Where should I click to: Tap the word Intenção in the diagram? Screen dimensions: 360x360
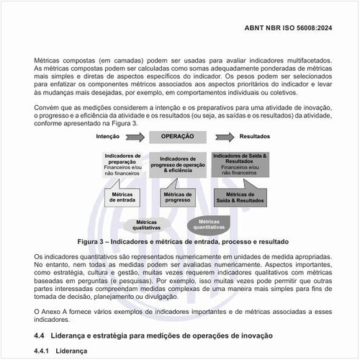tap(107, 136)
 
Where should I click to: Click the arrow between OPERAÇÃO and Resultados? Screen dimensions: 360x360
tap(223, 136)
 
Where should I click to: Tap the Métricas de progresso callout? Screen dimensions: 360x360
tap(177, 197)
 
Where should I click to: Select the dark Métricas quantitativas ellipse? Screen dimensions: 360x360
tap(209, 224)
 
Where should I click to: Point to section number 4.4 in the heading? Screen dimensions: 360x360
tap(41, 336)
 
